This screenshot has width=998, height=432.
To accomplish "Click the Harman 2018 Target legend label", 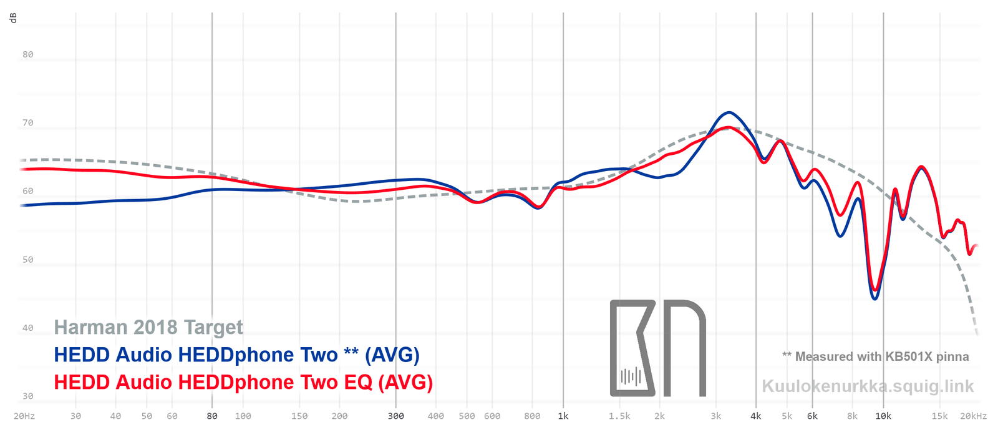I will [x=148, y=327].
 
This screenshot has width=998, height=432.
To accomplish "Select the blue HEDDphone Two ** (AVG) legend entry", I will [x=236, y=355].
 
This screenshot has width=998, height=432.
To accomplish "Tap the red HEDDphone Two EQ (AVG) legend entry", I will [x=243, y=382].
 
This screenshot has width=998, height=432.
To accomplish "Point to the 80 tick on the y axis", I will [x=27, y=54].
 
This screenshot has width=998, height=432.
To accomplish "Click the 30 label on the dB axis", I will [x=27, y=396].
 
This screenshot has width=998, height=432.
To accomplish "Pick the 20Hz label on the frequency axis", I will [x=24, y=416].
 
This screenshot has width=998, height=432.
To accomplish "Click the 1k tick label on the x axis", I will [x=563, y=416].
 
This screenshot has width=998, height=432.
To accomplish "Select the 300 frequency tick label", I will [x=395, y=416].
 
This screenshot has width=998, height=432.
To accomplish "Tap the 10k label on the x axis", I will [x=883, y=416].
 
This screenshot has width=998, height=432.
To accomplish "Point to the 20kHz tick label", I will [x=973, y=416].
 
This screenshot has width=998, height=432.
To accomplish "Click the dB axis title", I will [x=13, y=18].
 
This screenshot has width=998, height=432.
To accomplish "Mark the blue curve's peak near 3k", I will [x=728, y=112].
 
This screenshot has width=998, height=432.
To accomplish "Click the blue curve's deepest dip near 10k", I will [x=875, y=299].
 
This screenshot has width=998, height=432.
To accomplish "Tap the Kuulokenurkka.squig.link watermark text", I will [x=868, y=386].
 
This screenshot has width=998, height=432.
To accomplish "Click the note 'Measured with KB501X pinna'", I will [x=876, y=356].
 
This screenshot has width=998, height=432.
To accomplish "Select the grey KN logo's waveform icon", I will [x=631, y=376].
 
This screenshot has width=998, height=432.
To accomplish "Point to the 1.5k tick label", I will [x=619, y=416].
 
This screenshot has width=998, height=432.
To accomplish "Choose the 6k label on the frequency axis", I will [x=812, y=416].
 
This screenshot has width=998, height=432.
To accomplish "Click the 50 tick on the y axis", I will [x=27, y=260].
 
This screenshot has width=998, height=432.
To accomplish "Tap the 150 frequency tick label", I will [x=299, y=416].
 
